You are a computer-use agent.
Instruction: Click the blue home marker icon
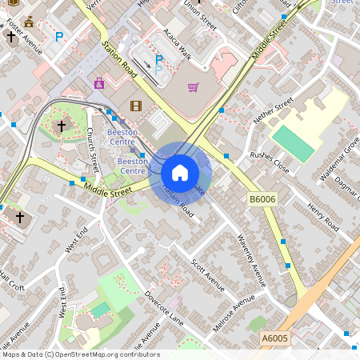point(180,173)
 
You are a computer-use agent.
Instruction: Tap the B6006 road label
point(262,198)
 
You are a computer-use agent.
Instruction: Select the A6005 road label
point(274,339)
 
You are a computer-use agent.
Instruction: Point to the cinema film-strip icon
point(135,106)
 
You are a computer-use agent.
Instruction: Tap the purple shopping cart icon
point(193,87)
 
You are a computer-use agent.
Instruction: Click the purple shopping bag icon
point(99,83)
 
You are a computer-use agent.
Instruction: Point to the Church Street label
point(92,150)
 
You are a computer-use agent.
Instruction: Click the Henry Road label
point(323,218)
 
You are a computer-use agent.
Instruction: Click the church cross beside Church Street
point(61,126)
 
